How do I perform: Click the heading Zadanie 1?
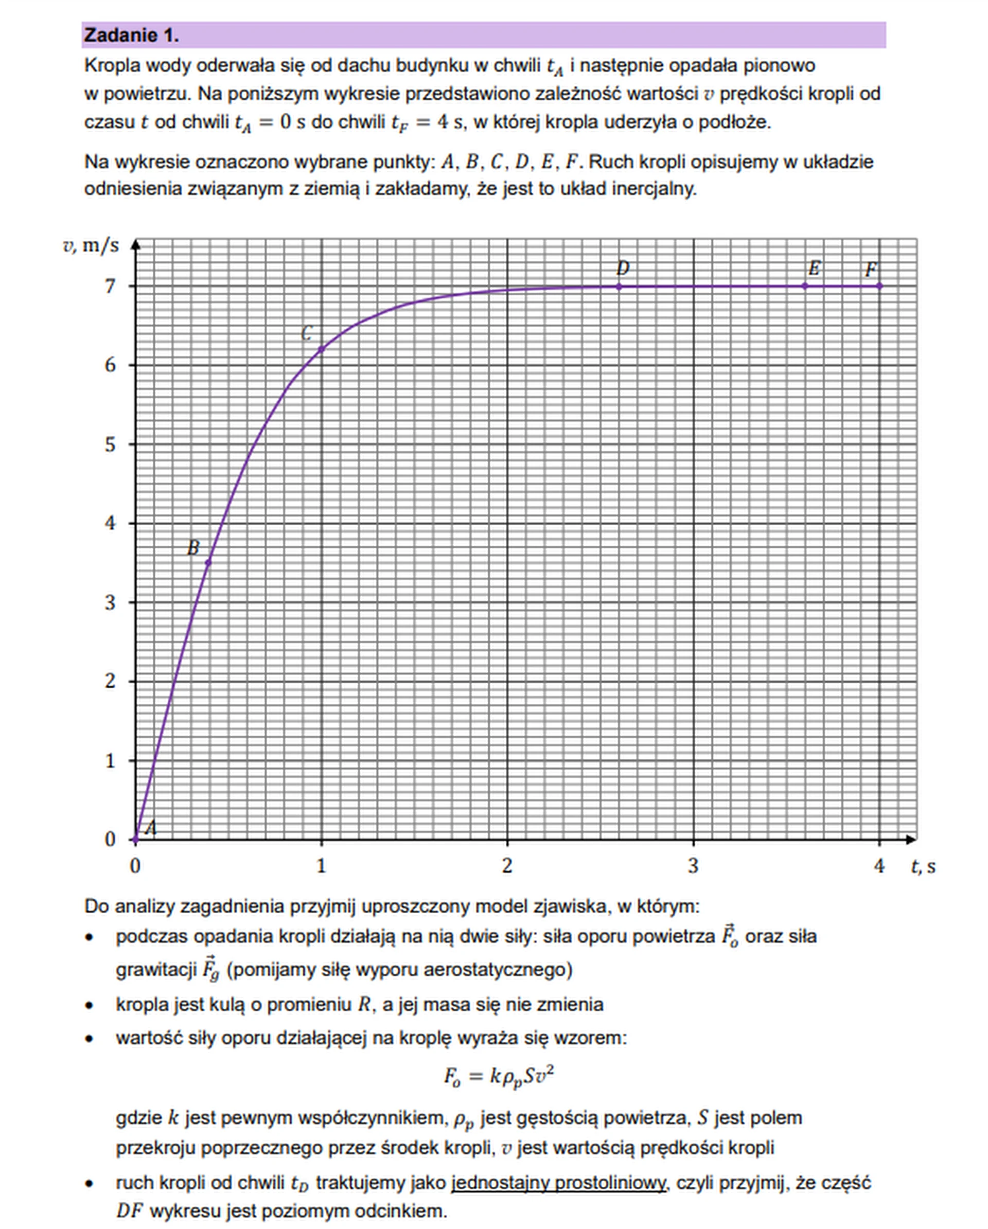pyautogui.click(x=132, y=35)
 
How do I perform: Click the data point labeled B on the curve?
pyautogui.click(x=208, y=563)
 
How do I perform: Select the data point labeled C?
pyautogui.click(x=321, y=349)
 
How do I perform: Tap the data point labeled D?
pyautogui.click(x=619, y=286)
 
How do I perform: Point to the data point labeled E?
pyautogui.click(x=805, y=286)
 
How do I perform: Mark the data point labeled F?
pyautogui.click(x=879, y=286)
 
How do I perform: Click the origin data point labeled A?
pyautogui.click(x=135, y=839)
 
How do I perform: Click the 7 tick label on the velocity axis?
pyautogui.click(x=110, y=286)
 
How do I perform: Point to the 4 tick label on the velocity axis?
pyautogui.click(x=110, y=523)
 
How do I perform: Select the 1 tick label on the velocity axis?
pyautogui.click(x=110, y=761)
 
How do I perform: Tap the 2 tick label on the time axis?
pyautogui.click(x=507, y=866)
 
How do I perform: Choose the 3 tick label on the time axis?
pyautogui.click(x=693, y=866)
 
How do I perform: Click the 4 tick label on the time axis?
pyautogui.click(x=879, y=866)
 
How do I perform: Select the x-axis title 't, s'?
pyautogui.click(x=923, y=866)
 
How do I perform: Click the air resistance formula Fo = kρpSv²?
pyautogui.click(x=499, y=1077)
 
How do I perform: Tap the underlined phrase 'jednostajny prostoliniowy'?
pyautogui.click(x=558, y=1183)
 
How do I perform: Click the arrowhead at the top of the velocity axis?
pyautogui.click(x=135, y=244)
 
